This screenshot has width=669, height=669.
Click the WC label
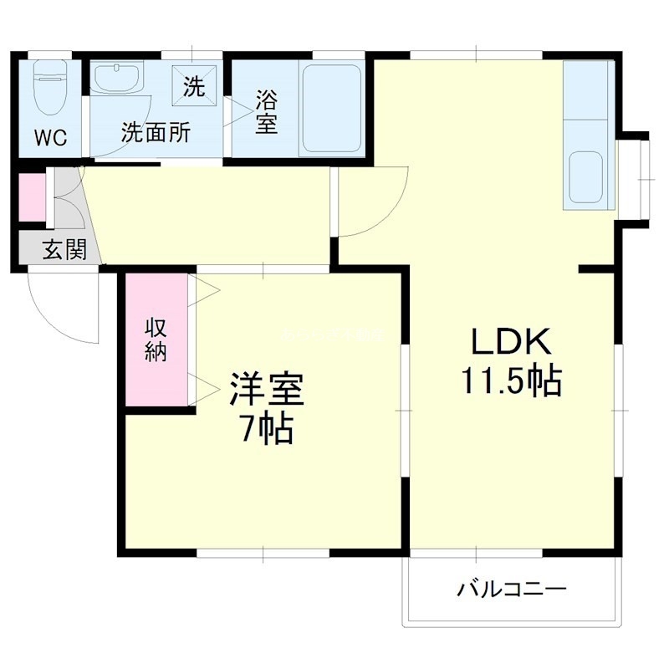(x=50, y=137)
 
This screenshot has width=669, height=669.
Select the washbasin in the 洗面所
(x=116, y=80)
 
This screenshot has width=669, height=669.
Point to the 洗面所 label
(x=156, y=132)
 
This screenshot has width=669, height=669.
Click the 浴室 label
(x=266, y=112)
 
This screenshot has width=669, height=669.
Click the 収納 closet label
(x=156, y=339)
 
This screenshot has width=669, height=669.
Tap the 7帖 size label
(x=266, y=428)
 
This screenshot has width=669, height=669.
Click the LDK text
(x=509, y=342)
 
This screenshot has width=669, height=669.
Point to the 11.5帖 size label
(x=509, y=381)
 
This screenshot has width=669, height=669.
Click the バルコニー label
(x=512, y=590)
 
